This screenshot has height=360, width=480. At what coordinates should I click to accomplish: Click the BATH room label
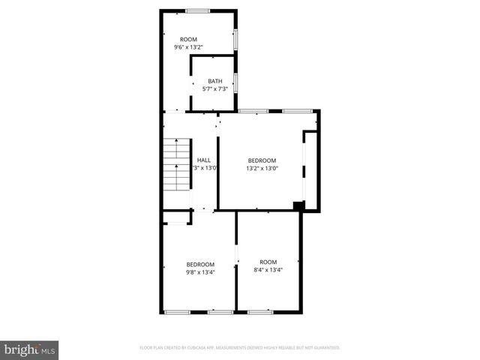tap(215, 81)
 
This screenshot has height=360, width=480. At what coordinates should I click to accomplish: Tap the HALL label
tap(203, 160)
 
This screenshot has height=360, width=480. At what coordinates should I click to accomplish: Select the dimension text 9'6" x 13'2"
tap(188, 46)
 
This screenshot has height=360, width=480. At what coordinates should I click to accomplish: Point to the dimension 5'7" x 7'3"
tap(215, 89)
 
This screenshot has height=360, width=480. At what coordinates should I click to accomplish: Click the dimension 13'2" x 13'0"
tap(262, 168)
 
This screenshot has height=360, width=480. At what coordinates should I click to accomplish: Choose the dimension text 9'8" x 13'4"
tap(200, 272)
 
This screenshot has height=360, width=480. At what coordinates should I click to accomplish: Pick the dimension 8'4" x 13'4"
tap(268, 269)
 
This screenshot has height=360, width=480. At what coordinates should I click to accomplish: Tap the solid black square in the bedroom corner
tap(298, 205)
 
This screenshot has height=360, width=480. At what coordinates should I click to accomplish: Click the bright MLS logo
tap(30, 349)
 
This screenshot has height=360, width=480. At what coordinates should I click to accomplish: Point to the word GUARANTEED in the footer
tap(325, 348)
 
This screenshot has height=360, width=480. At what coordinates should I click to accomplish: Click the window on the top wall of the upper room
tap(197, 10)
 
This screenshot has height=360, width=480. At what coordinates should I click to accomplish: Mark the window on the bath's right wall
tap(236, 82)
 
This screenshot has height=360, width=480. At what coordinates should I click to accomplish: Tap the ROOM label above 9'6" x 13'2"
tap(188, 38)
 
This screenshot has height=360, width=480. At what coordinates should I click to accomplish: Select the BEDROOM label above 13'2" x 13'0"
tap(262, 160)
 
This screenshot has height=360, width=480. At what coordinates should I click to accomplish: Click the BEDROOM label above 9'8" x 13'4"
tap(200, 264)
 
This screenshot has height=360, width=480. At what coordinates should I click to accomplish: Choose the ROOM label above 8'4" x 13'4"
tap(268, 261)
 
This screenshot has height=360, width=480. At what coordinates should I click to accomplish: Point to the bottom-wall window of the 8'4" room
tap(259, 311)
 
